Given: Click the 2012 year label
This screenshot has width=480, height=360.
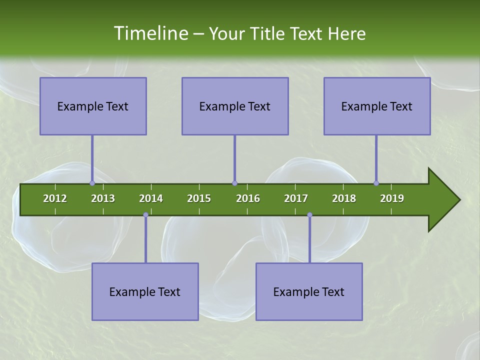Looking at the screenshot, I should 55,198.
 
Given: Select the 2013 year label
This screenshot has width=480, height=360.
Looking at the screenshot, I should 103,198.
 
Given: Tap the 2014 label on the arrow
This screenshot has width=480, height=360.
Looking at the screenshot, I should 151,198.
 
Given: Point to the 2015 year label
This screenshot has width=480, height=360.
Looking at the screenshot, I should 199,198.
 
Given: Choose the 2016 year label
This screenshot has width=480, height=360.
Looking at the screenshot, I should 248,198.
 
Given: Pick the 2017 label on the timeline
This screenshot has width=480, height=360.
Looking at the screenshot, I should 296,198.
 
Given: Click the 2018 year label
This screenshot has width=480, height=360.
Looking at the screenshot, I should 344,198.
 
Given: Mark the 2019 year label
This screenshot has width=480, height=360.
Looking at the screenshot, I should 392,198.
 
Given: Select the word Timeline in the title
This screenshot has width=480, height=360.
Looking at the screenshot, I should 150,33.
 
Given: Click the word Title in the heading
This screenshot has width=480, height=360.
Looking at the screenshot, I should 268,33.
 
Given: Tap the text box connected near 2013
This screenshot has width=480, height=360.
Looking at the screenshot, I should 93,106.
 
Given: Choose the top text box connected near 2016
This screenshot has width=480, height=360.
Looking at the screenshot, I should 235,106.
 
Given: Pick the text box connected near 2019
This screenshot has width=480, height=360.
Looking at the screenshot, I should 377,106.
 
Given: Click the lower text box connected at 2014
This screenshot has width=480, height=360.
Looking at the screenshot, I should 145,291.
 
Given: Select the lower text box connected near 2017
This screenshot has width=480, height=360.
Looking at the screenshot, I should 309,291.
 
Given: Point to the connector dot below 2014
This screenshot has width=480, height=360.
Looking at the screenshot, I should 145,215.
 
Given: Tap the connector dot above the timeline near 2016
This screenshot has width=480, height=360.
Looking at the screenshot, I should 234,183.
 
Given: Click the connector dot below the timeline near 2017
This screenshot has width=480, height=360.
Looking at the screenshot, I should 309,215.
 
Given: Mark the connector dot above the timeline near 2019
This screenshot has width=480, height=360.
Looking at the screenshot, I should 376,183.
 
